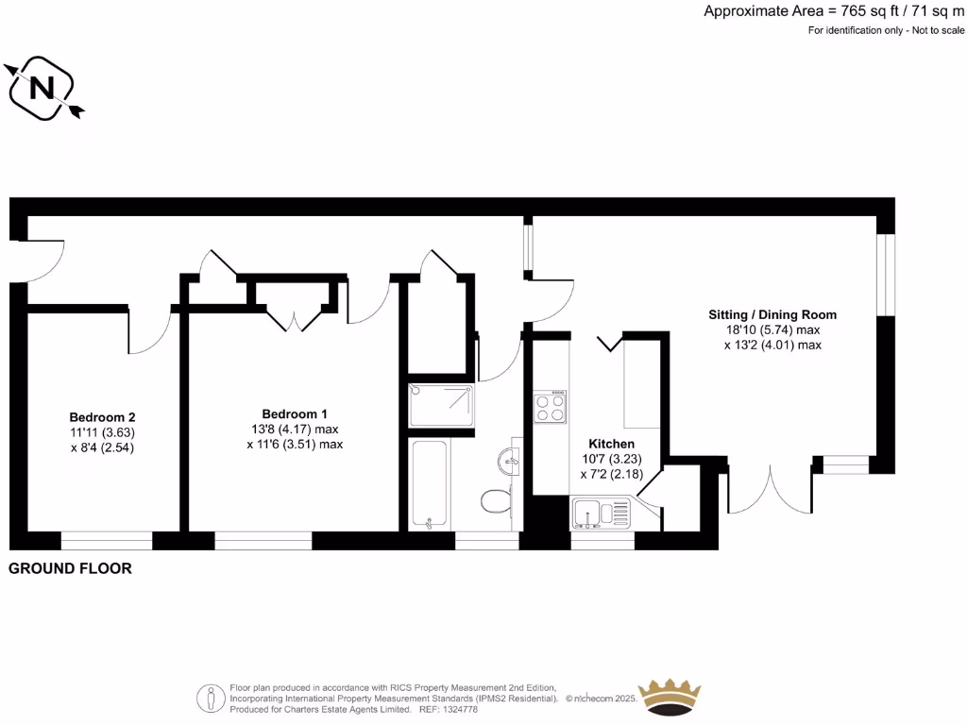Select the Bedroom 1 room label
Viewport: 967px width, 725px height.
click(x=295, y=413)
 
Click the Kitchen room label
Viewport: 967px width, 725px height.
click(x=611, y=444)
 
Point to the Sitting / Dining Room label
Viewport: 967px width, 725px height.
click(x=772, y=314)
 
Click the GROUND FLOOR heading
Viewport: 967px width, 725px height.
click(x=70, y=568)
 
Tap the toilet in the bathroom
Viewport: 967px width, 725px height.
click(x=494, y=499)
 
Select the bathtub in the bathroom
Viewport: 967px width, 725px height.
click(x=431, y=484)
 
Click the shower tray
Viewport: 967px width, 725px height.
click(x=440, y=404)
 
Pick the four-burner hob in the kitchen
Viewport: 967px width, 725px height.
click(x=551, y=407)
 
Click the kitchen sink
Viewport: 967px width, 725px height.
click(x=602, y=515)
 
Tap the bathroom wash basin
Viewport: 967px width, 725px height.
click(x=506, y=462)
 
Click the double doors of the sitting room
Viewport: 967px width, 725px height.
click(x=770, y=489)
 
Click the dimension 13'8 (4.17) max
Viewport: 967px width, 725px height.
click(x=295, y=430)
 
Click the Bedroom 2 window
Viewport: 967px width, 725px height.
click(x=107, y=541)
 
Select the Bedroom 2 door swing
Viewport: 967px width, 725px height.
click(x=149, y=330)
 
